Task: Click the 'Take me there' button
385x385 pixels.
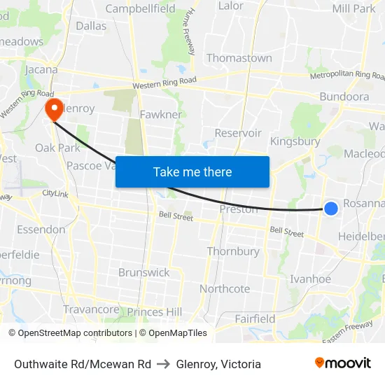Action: [x=192, y=171]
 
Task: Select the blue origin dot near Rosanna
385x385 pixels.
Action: [x=331, y=208]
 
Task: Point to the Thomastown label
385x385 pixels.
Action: [x=239, y=58]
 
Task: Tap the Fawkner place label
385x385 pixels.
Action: [x=160, y=114]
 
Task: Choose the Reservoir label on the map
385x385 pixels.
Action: [x=238, y=133]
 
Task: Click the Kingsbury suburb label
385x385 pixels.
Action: [x=295, y=141]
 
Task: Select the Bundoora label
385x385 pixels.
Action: [x=344, y=97]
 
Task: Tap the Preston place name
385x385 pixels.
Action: [x=239, y=209]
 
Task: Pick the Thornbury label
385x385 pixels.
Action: [x=233, y=251]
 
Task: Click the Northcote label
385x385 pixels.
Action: [x=225, y=288]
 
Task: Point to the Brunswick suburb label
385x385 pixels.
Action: [x=144, y=272]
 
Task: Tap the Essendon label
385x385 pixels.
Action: [x=41, y=230]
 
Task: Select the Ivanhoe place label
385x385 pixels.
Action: [x=311, y=279]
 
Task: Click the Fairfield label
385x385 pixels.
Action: [x=255, y=318]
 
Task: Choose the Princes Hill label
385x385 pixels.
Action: [x=155, y=311]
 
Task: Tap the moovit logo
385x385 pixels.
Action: [x=343, y=363]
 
